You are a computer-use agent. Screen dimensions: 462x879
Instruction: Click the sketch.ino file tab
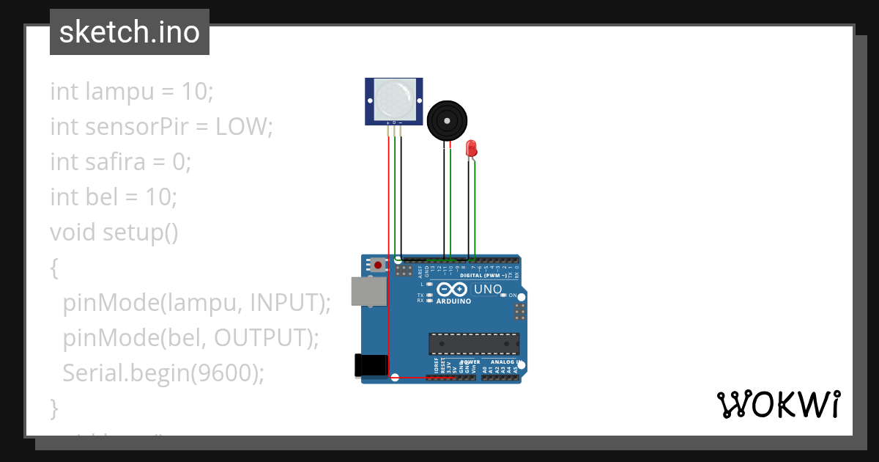pyautogui.click(x=130, y=32)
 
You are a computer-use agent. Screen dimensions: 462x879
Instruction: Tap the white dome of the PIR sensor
pyautogui.click(x=394, y=100)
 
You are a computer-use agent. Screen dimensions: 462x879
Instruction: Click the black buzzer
pyautogui.click(x=447, y=120)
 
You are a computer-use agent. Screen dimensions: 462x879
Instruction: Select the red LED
pyautogui.click(x=472, y=147)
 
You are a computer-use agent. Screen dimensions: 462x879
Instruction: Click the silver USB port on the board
pyautogui.click(x=366, y=290)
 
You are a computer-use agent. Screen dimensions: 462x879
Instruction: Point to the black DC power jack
pyautogui.click(x=370, y=366)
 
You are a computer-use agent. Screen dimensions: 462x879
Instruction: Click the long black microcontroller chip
pyautogui.click(x=474, y=343)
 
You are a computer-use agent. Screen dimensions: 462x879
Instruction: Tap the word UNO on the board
pyautogui.click(x=488, y=289)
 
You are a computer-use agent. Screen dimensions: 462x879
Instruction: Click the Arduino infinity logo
pyautogui.click(x=453, y=290)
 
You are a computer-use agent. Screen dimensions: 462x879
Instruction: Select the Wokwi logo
pyautogui.click(x=778, y=404)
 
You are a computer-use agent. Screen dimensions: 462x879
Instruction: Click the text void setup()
pyautogui.click(x=114, y=232)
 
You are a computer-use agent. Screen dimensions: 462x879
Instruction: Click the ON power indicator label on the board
pyautogui.click(x=513, y=295)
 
